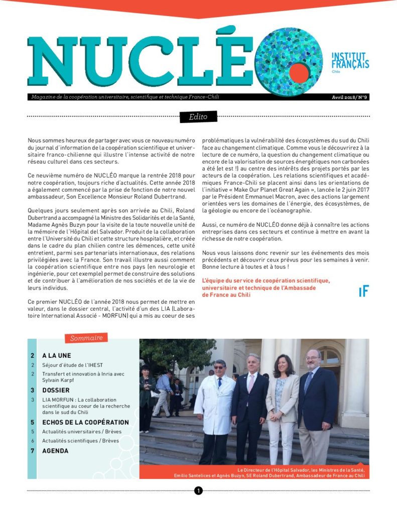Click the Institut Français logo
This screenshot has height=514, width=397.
pyautogui.click(x=350, y=62)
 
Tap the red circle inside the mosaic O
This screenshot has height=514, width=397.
pyautogui.click(x=299, y=73)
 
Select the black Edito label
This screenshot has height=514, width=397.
pyautogui.click(x=198, y=117)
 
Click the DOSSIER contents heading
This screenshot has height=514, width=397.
pyautogui.click(x=56, y=390)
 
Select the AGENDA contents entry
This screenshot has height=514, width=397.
pyautogui.click(x=55, y=451)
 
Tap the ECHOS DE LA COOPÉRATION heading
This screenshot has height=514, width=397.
pyautogui.click(x=85, y=422)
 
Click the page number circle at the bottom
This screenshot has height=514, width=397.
pyautogui.click(x=198, y=490)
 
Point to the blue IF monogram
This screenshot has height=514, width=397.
pyautogui.click(x=363, y=292)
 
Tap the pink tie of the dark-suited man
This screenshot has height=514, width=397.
pyautogui.click(x=251, y=384)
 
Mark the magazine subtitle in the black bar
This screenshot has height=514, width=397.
pyautogui.click(x=123, y=97)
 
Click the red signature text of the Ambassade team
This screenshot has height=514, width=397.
pyautogui.click(x=266, y=288)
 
